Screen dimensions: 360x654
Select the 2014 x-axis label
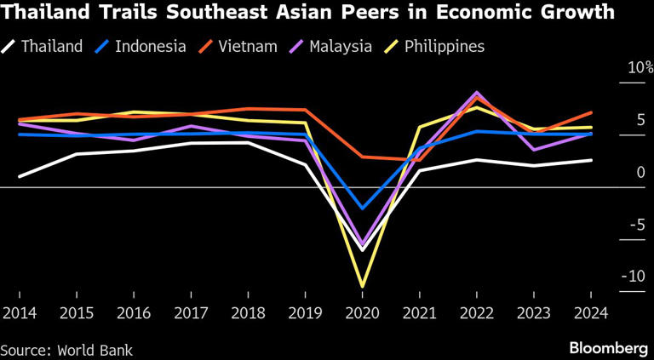pyautogui.click(x=20, y=313)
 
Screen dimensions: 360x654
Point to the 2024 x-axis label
pyautogui.click(x=591, y=313)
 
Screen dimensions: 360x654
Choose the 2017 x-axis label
pyautogui.click(x=192, y=313)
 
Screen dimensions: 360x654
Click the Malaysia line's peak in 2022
pyautogui.click(x=477, y=92)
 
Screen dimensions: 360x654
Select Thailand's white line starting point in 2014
pyautogui.click(x=20, y=176)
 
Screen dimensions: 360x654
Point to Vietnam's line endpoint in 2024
pyautogui.click(x=592, y=112)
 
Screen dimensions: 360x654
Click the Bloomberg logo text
pyautogui.click(x=608, y=348)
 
